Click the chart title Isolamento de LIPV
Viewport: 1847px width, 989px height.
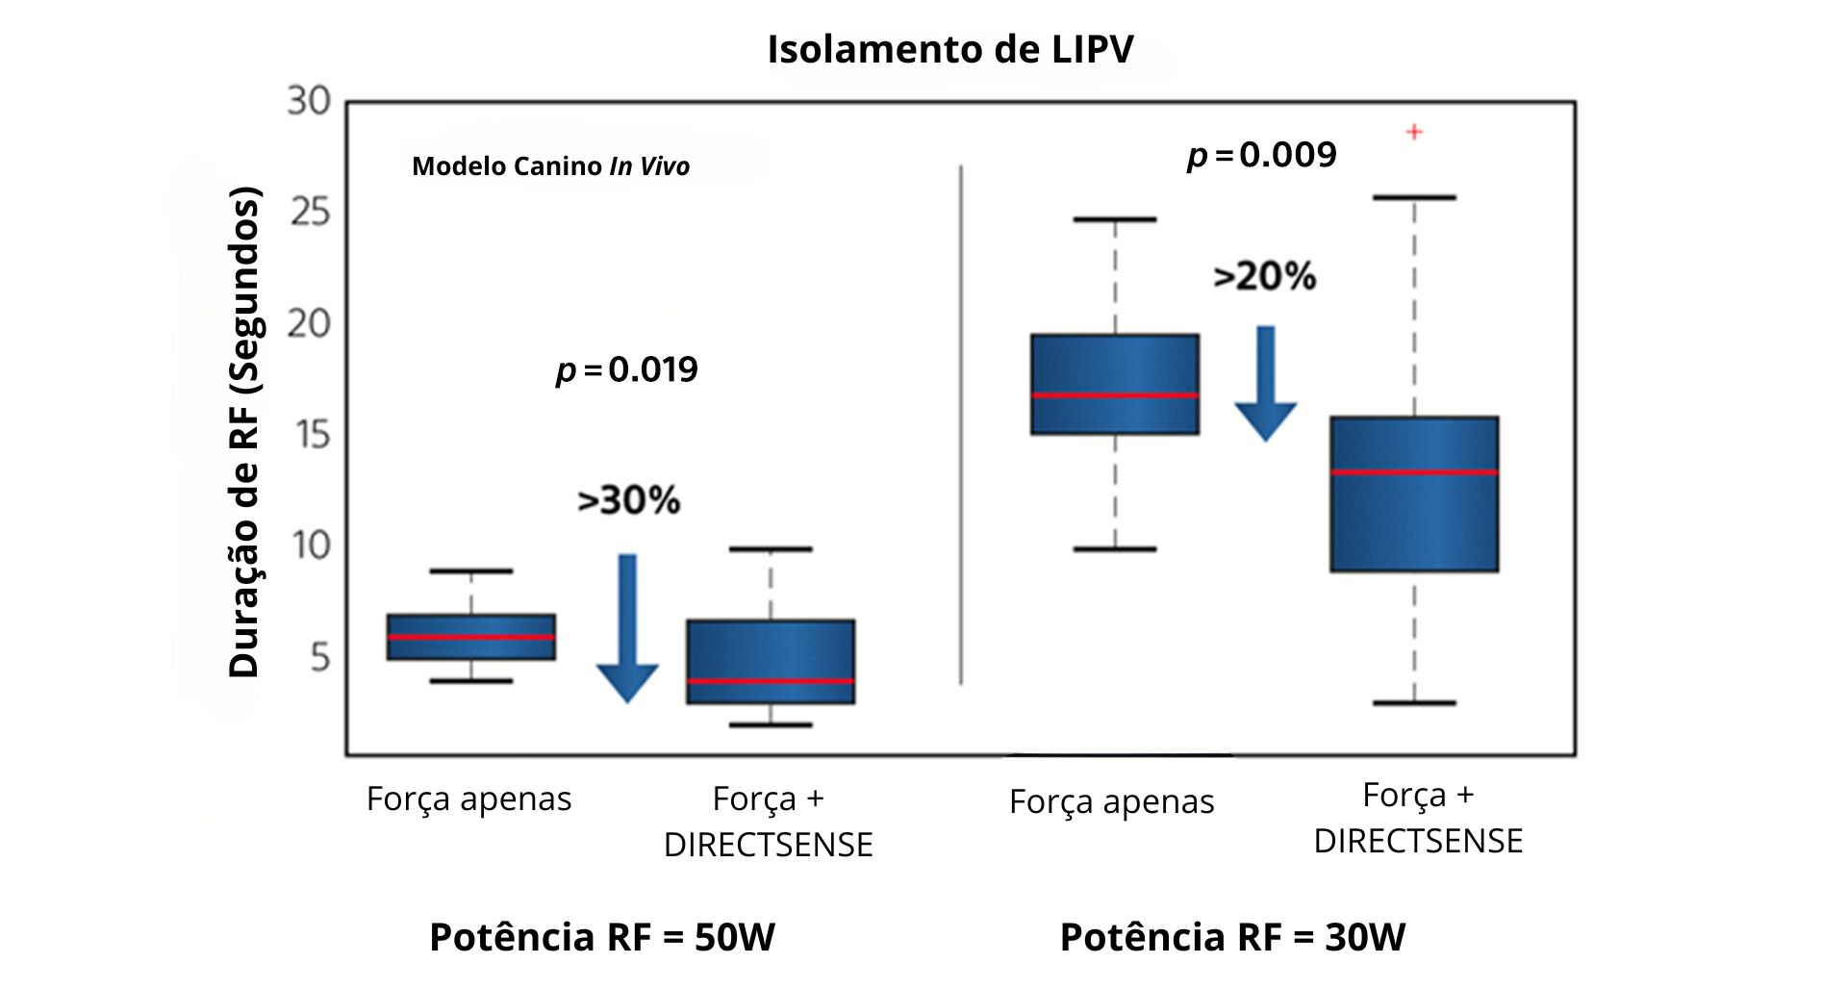click(x=949, y=49)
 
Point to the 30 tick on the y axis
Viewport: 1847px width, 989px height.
click(x=309, y=101)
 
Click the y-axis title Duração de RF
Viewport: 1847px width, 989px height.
click(x=244, y=432)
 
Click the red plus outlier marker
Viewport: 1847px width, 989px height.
click(x=1414, y=132)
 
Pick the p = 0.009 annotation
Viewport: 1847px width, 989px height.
click(x=1262, y=155)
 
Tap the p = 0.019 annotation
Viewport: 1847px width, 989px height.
click(x=627, y=369)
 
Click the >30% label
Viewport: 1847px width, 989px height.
click(x=629, y=500)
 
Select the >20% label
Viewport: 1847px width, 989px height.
click(x=1265, y=277)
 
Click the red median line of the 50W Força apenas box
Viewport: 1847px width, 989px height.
click(x=470, y=637)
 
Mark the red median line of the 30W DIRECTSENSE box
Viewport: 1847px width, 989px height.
click(x=1414, y=472)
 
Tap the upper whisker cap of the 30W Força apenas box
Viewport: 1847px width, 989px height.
click(x=1115, y=219)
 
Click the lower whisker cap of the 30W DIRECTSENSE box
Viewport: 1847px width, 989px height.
click(x=1414, y=703)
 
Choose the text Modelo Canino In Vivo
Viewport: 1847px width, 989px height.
click(x=550, y=166)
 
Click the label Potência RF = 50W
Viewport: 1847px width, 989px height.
click(x=602, y=937)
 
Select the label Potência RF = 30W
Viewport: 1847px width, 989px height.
click(x=1232, y=937)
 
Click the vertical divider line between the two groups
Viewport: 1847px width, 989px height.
click(x=961, y=423)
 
